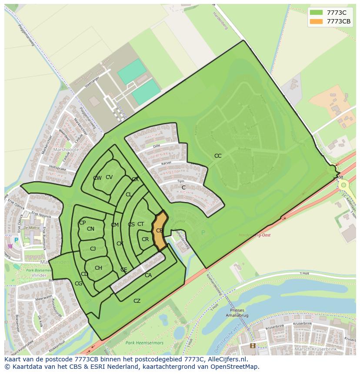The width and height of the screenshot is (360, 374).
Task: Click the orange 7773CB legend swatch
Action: [316, 22]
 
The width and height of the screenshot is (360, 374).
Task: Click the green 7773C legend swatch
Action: [316, 12]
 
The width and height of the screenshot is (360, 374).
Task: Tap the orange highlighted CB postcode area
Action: [160, 231]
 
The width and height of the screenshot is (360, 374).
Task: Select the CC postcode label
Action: [218, 156]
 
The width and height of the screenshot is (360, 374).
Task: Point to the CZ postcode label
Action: [137, 301]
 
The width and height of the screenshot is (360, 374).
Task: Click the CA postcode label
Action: [148, 275]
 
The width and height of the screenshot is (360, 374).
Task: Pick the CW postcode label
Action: [97, 178]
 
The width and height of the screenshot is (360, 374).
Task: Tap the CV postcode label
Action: [109, 177]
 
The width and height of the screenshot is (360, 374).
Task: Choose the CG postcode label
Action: [79, 284]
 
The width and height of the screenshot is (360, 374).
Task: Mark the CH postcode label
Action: [99, 268]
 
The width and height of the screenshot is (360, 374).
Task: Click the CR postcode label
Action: [145, 239]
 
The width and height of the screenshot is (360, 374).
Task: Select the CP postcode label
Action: [82, 223]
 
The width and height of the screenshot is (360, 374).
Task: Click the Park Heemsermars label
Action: [144, 343]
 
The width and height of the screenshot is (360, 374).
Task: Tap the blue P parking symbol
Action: [16, 240]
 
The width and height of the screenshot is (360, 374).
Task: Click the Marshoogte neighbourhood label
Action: [66, 149]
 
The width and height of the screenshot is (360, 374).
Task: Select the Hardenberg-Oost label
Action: [255, 235]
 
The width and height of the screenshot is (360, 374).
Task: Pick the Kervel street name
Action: [167, 163]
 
